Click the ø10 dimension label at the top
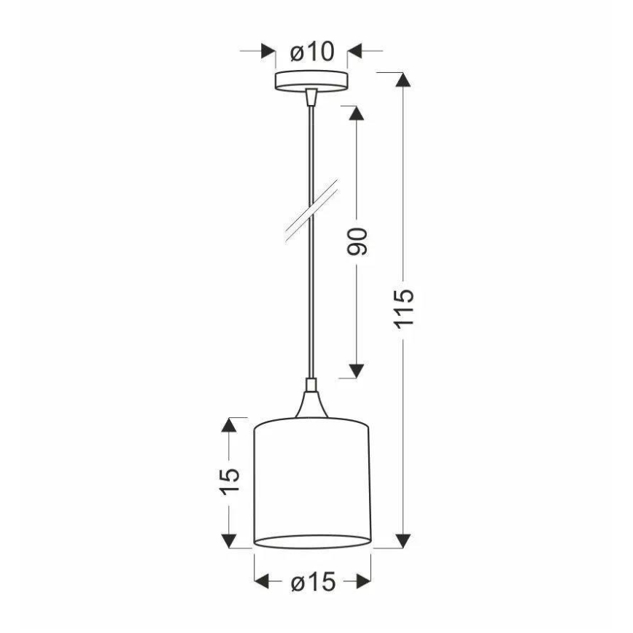click(311, 52)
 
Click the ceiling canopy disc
click(311, 81)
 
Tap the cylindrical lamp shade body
click(312, 481)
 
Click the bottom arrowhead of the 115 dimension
click(401, 540)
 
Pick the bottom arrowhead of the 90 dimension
click(355, 370)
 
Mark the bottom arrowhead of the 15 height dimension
click(230, 540)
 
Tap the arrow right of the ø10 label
click(356, 52)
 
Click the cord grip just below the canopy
click(311, 96)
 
